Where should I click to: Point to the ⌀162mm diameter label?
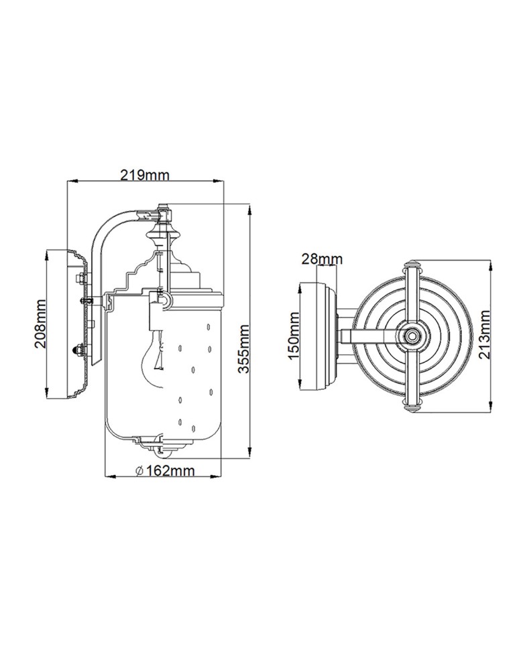tap(165, 471)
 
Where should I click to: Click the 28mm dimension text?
tap(322, 259)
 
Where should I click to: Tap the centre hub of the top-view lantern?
tap(412, 336)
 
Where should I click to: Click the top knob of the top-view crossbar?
tap(412, 263)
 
